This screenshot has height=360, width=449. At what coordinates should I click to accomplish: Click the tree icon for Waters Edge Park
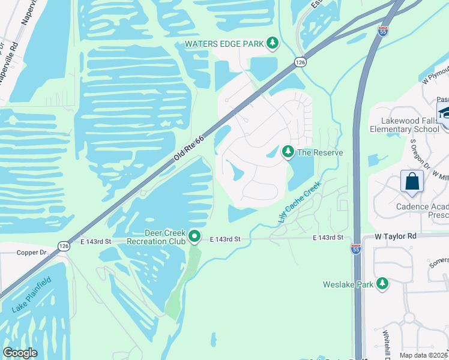click(273, 43)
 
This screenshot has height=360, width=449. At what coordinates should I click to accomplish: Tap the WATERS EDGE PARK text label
click(224, 43)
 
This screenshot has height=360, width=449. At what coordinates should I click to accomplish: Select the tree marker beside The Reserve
click(288, 152)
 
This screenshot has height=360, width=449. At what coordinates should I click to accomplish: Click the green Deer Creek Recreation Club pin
click(194, 237)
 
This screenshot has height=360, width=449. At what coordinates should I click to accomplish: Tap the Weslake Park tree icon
click(382, 284)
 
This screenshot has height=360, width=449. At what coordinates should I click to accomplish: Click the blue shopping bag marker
click(412, 182)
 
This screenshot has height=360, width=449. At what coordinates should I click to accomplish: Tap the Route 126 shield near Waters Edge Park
click(301, 62)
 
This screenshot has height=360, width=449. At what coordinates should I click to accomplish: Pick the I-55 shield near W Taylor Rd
click(356, 249)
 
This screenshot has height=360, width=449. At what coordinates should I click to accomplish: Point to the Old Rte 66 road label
click(189, 148)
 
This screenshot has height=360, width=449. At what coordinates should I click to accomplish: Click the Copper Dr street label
click(32, 253)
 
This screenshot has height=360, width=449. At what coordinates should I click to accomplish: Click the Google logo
click(19, 353)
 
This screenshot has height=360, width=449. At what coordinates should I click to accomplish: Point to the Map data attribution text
click(424, 355)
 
